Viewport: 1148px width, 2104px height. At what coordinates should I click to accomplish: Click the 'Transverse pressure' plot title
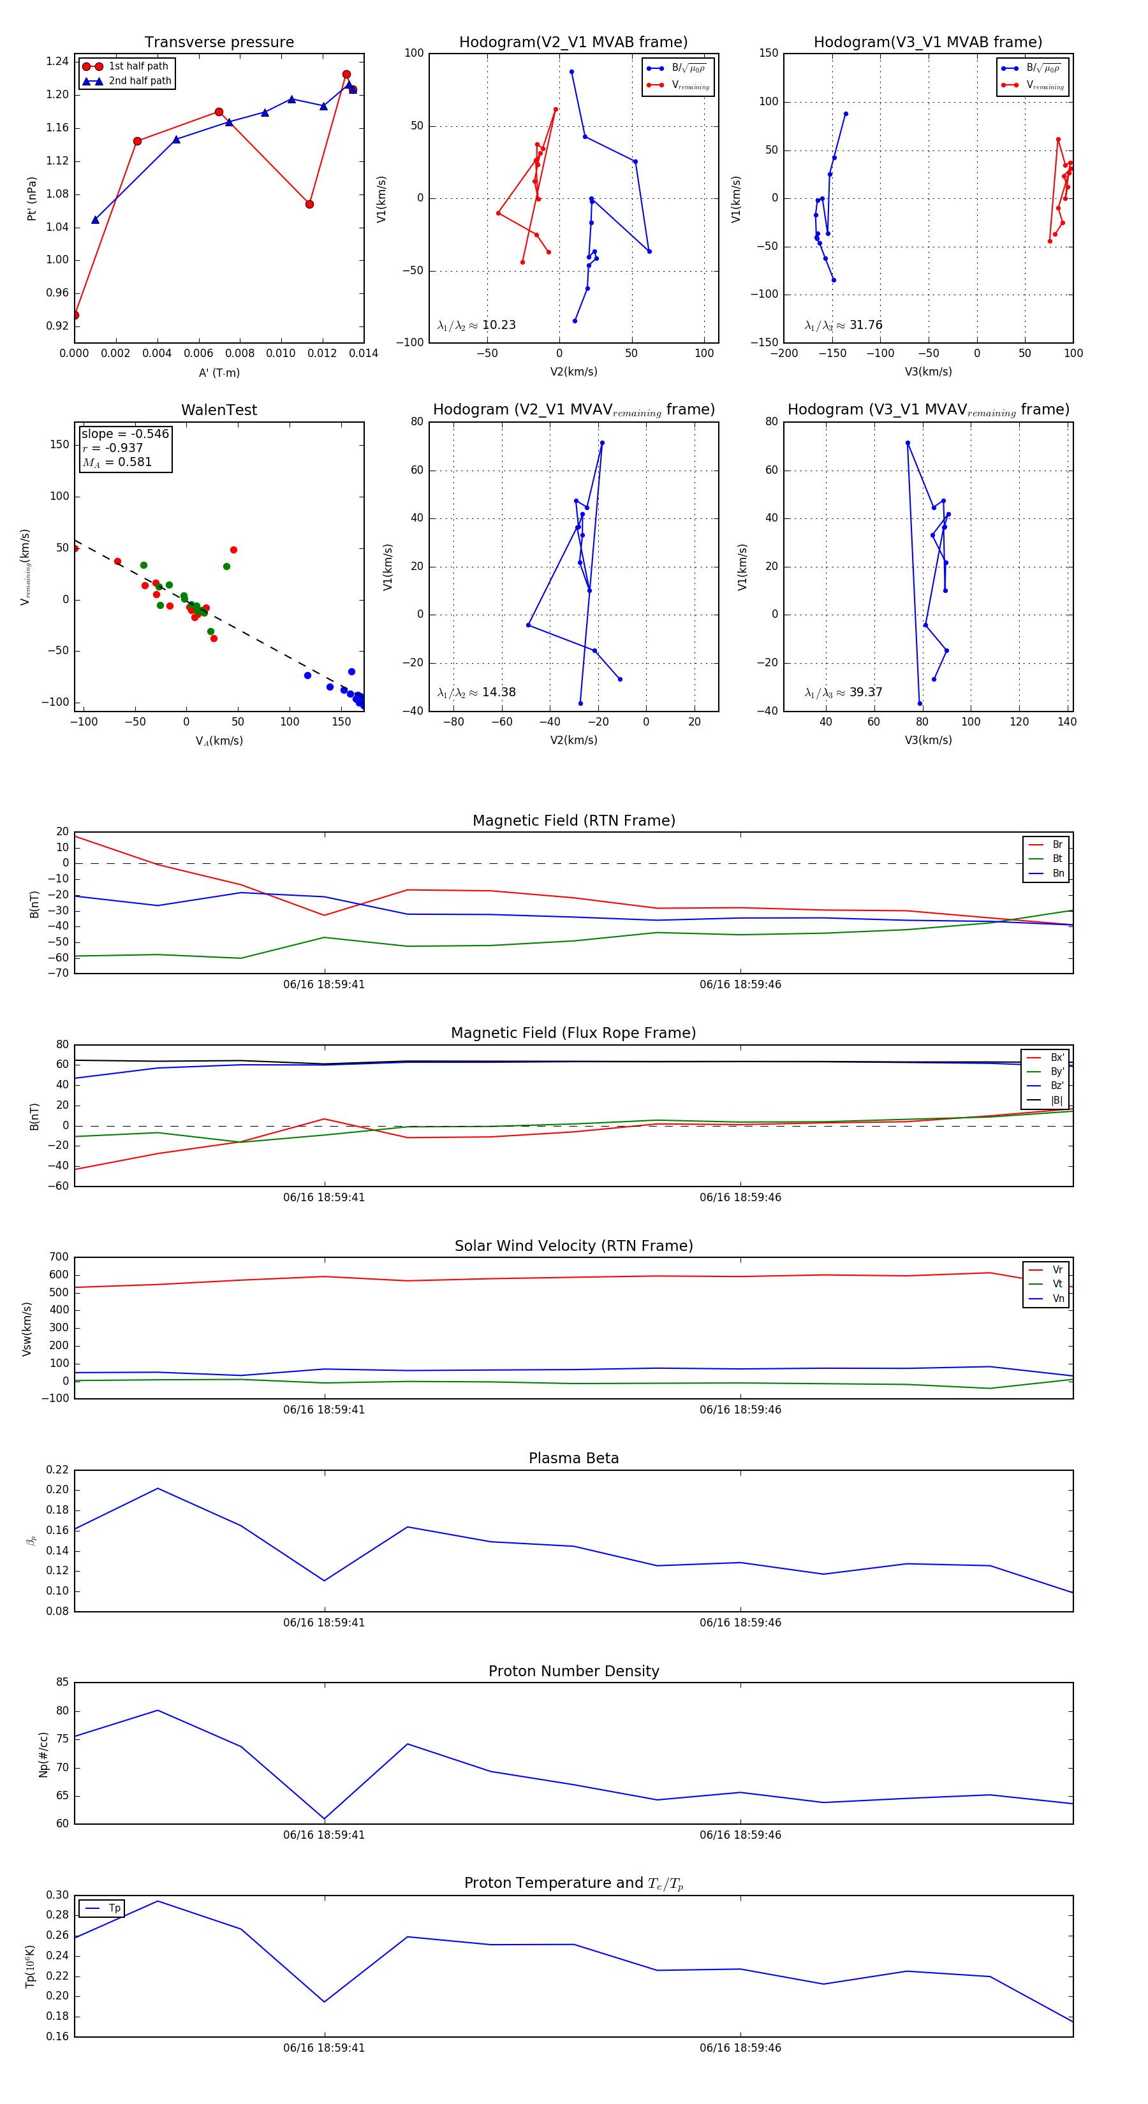[x=219, y=43]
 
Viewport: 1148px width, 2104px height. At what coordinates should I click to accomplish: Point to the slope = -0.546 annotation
[x=125, y=434]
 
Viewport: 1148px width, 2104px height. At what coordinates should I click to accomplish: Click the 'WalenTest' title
[x=219, y=410]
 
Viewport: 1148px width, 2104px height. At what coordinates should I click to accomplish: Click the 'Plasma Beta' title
[x=573, y=1459]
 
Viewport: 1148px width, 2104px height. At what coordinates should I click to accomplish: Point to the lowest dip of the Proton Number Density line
[x=325, y=1819]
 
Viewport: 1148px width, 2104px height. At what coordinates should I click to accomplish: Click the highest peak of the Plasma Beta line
[x=158, y=1488]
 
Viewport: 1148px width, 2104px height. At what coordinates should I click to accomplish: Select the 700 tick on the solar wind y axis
[x=59, y=1257]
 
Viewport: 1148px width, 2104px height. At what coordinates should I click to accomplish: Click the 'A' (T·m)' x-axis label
[x=219, y=372]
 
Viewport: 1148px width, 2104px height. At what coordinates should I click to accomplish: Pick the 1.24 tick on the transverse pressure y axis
[x=57, y=61]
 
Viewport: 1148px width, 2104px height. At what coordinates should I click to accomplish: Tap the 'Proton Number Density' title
[x=573, y=1671]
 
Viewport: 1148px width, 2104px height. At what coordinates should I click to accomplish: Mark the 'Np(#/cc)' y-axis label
[x=43, y=1755]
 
